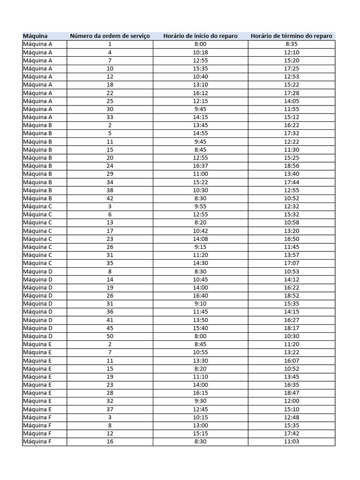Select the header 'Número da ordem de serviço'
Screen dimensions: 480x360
(x=110, y=36)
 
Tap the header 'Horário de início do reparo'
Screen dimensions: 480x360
(x=200, y=36)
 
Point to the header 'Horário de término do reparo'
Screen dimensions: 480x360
(x=292, y=36)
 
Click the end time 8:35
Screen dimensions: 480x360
(x=292, y=44)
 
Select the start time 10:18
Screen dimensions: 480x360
(x=200, y=52)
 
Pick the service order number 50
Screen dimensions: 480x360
(x=110, y=336)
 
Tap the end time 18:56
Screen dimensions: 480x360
(x=292, y=166)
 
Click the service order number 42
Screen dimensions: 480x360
(x=110, y=198)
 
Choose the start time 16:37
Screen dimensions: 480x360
(x=200, y=166)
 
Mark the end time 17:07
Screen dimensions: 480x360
(x=292, y=263)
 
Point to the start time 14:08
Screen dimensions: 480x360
(x=200, y=239)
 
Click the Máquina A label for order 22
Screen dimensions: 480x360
(x=37, y=93)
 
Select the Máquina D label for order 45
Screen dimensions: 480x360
(x=37, y=328)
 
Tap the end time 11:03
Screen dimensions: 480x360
(x=292, y=442)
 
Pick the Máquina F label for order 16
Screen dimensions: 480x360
(x=37, y=442)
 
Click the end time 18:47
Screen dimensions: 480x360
(x=292, y=393)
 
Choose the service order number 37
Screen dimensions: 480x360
(x=110, y=409)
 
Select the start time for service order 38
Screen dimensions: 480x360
(x=200, y=190)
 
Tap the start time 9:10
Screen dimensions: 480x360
(x=200, y=304)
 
